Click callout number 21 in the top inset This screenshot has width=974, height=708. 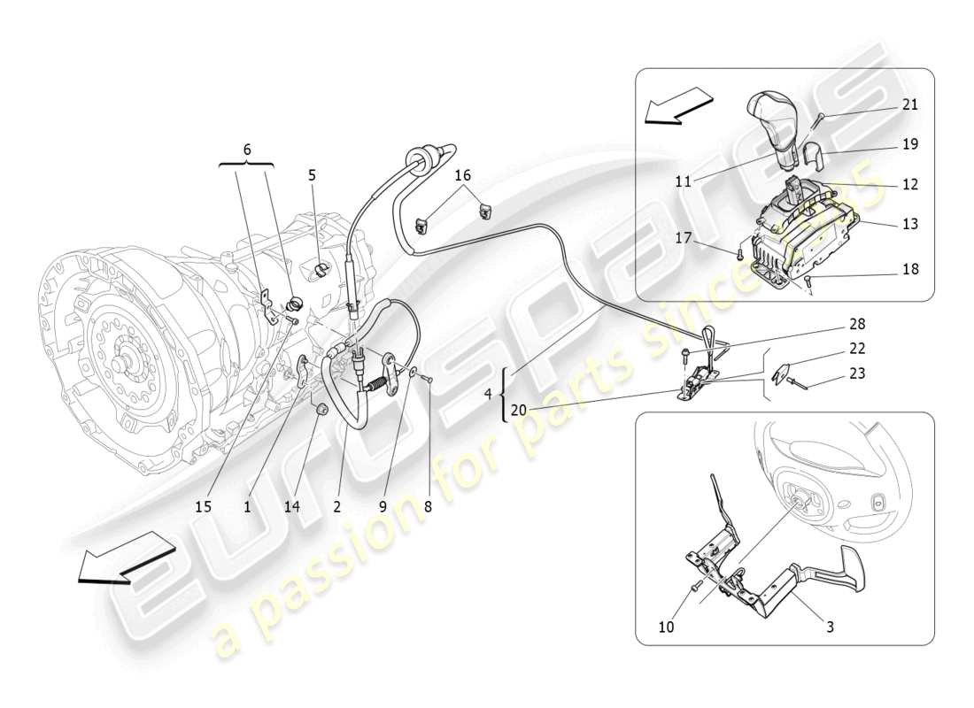909,104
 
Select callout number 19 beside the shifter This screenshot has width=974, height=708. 909,143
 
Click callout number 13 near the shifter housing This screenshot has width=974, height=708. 909,224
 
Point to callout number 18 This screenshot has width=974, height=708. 909,269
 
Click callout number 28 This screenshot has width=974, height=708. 857,324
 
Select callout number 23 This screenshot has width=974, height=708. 857,373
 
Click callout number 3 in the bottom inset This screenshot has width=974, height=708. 829,627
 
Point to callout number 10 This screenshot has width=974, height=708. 666,627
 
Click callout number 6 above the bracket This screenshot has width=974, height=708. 247,150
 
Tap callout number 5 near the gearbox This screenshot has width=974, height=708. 312,175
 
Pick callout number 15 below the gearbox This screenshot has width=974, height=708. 205,507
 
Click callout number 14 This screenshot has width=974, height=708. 292,507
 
